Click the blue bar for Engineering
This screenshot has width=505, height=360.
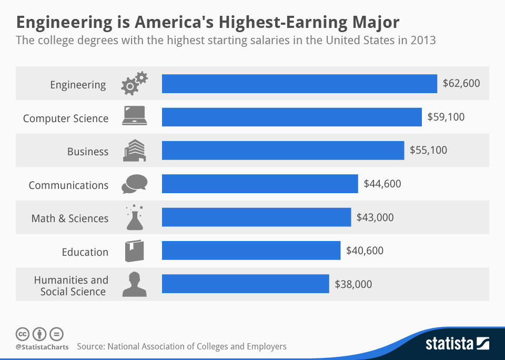[x=299, y=84]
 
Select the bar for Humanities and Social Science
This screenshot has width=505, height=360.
[x=245, y=284]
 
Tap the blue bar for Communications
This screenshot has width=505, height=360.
[x=260, y=184]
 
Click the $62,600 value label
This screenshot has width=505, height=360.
[x=461, y=83]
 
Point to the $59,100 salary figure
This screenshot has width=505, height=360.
[x=446, y=117]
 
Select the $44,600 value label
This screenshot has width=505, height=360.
[x=382, y=184]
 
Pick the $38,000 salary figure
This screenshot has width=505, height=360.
[x=353, y=284]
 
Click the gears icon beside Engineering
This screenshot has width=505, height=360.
[x=134, y=84]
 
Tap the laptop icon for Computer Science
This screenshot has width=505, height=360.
[x=134, y=116]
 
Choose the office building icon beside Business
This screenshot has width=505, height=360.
[x=134, y=151]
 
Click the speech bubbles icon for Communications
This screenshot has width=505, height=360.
[x=134, y=184]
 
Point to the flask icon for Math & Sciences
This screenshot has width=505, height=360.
[x=134, y=217]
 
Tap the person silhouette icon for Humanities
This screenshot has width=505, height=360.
[x=134, y=284]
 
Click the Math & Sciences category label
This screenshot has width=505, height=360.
[x=70, y=218]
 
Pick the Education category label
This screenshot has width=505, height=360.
[x=85, y=252]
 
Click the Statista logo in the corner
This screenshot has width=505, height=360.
[x=457, y=344]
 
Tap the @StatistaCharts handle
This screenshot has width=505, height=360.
[x=42, y=347]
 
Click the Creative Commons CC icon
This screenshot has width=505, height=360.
[x=23, y=334]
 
